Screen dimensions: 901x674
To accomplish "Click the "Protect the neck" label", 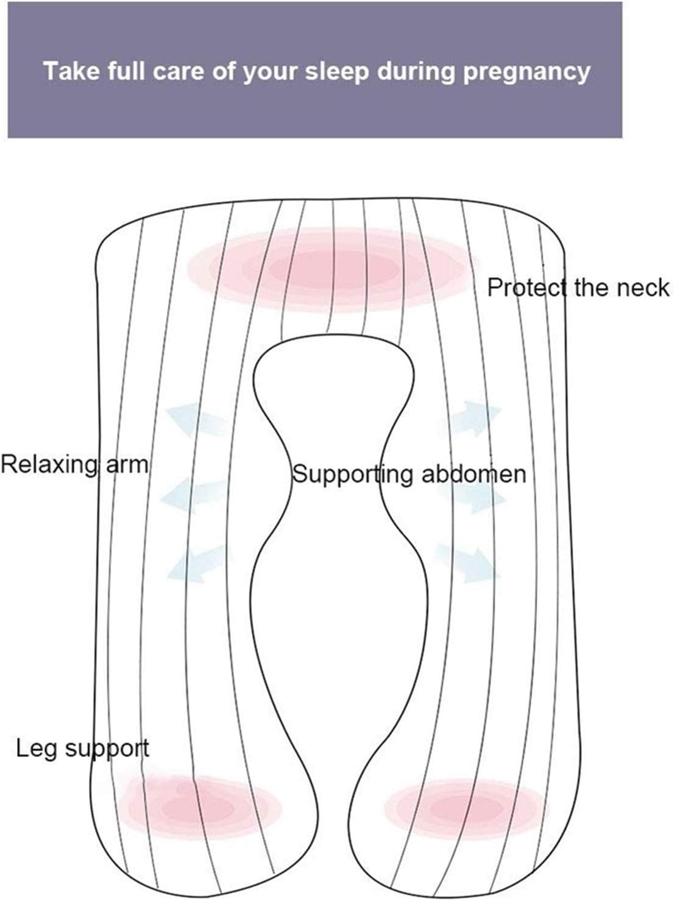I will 578,287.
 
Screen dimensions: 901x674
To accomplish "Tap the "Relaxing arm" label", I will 74,465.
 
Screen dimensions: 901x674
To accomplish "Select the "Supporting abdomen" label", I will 409,474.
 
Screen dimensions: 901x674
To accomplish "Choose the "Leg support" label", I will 82,747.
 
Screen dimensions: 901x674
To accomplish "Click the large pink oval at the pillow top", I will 332,266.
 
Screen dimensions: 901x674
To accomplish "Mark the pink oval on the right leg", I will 466,808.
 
